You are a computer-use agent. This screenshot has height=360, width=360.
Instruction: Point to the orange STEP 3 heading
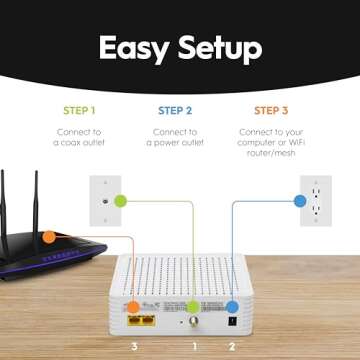pyautogui.click(x=271, y=110)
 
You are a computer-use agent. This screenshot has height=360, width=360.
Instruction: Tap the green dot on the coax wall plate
pyautogui.click(x=120, y=201)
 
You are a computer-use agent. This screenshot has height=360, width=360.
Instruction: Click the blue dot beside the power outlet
pyautogui.click(x=299, y=200)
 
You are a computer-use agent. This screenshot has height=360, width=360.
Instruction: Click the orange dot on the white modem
pyautogui.click(x=132, y=307)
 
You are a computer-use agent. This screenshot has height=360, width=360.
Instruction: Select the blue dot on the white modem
pyautogui.click(x=232, y=308)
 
